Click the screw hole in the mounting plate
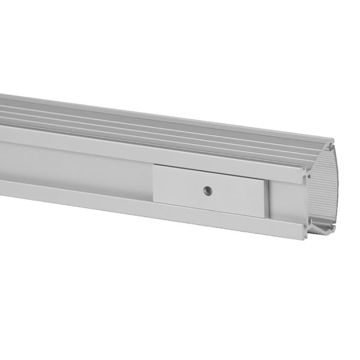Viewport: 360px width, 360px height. pos(207,191)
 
